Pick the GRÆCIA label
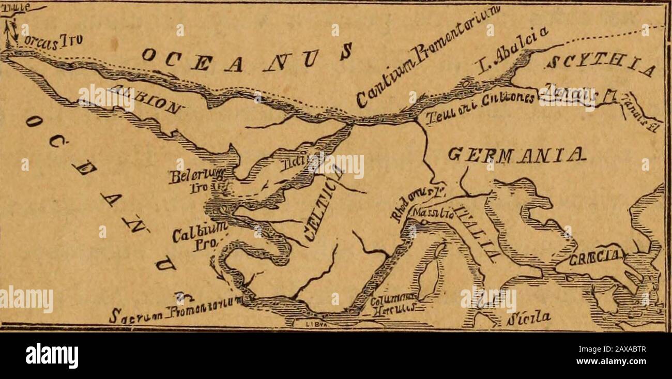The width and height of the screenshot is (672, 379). pos(597,258)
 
